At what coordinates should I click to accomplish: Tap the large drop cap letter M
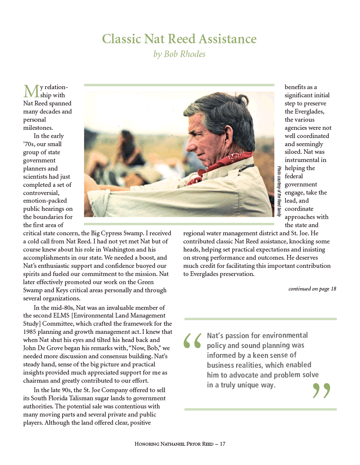click(x=30, y=91)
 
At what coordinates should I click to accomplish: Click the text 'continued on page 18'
click(x=312, y=289)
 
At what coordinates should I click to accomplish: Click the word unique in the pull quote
click(x=248, y=384)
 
